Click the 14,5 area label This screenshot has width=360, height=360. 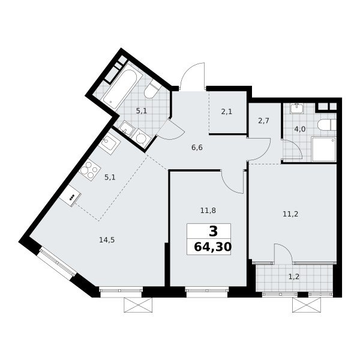coord(107,240)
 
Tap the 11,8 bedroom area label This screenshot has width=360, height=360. coord(208,211)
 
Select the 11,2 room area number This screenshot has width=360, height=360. coord(290,214)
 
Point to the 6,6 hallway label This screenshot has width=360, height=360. coord(197,148)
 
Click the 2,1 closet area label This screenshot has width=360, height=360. coord(227,112)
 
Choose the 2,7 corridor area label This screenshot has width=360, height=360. coord(263,121)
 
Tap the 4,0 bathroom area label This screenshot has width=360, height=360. coord(300,129)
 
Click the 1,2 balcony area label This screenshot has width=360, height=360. coord(294,277)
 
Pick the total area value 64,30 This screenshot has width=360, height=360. coord(212,247)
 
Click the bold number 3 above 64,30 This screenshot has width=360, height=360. coord(213,232)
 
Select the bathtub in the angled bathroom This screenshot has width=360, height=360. coord(119,86)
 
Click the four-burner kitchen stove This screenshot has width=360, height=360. coord(90,170)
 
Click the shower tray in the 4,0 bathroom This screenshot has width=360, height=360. coord(324,149)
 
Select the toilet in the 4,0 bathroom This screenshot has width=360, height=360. coord(327,125)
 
